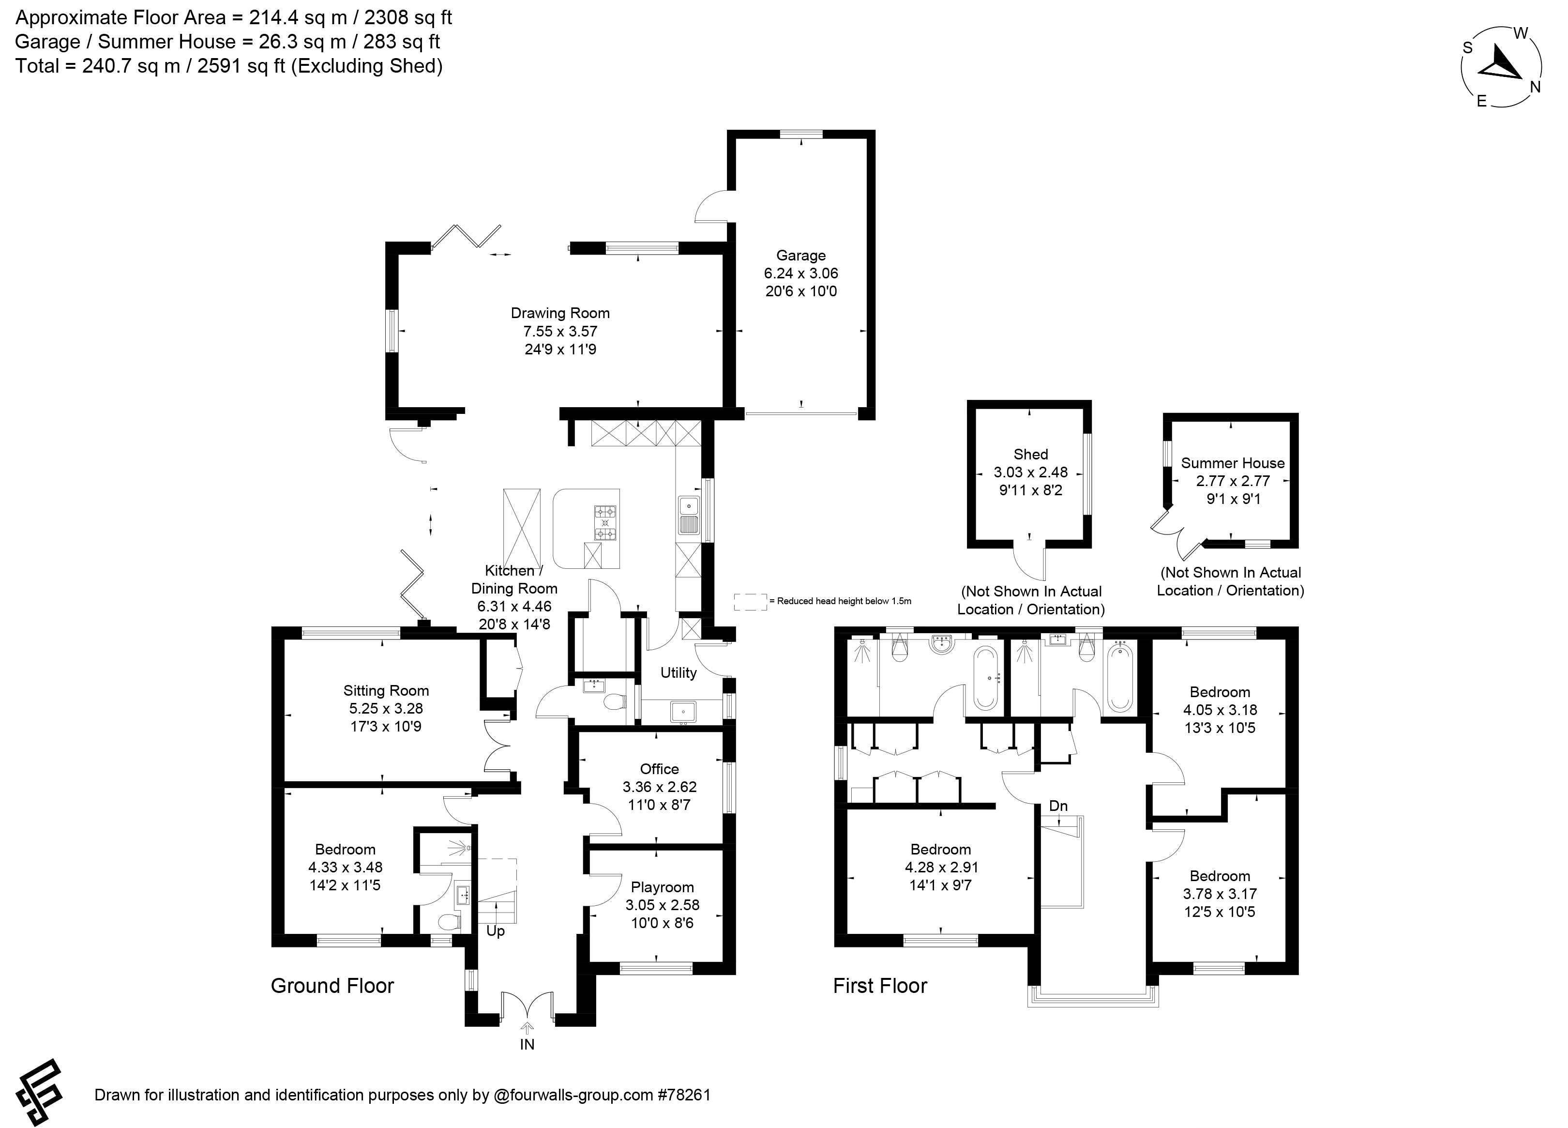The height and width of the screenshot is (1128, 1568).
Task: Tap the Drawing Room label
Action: tap(560, 313)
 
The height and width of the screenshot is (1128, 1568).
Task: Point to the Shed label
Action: tap(1030, 455)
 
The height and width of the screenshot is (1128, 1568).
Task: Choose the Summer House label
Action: tap(1233, 463)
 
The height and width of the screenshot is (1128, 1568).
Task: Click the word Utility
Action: tap(678, 673)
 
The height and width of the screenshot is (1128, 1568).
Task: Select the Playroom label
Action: tap(663, 887)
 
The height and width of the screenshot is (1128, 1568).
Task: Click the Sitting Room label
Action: tap(386, 690)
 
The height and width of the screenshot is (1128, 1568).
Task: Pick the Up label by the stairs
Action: tap(495, 931)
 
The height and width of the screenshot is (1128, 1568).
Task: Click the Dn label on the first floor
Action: tap(1058, 806)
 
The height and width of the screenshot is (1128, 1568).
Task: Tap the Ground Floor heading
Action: tap(332, 986)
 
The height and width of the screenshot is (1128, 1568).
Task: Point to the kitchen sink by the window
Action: tap(689, 515)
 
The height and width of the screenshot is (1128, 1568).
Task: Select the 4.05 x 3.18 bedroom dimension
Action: tap(1220, 710)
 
